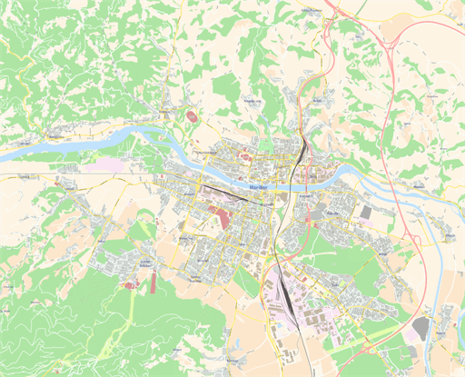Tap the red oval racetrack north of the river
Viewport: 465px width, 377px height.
(191, 116)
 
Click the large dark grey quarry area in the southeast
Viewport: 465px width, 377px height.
(420, 327)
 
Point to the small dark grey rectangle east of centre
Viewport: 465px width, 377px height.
(366, 212)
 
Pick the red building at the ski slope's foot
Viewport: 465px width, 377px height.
(130, 285)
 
